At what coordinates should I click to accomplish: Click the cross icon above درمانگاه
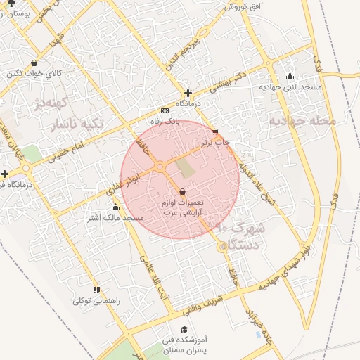coord(188,93)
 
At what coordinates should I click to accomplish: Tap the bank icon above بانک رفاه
coord(165,111)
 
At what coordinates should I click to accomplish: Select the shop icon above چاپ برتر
coord(215,132)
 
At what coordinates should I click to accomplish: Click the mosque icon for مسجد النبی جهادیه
coord(290,77)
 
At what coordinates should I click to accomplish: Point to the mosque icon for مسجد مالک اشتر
coord(115,207)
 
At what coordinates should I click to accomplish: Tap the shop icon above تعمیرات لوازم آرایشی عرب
coord(182,191)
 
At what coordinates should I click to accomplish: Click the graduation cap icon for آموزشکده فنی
coord(184,329)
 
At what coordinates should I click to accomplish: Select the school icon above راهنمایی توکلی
coord(96,290)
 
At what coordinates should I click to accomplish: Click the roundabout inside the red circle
coord(160,167)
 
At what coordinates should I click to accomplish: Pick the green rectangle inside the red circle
coord(184,168)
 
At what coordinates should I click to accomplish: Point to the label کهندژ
coord(69,107)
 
